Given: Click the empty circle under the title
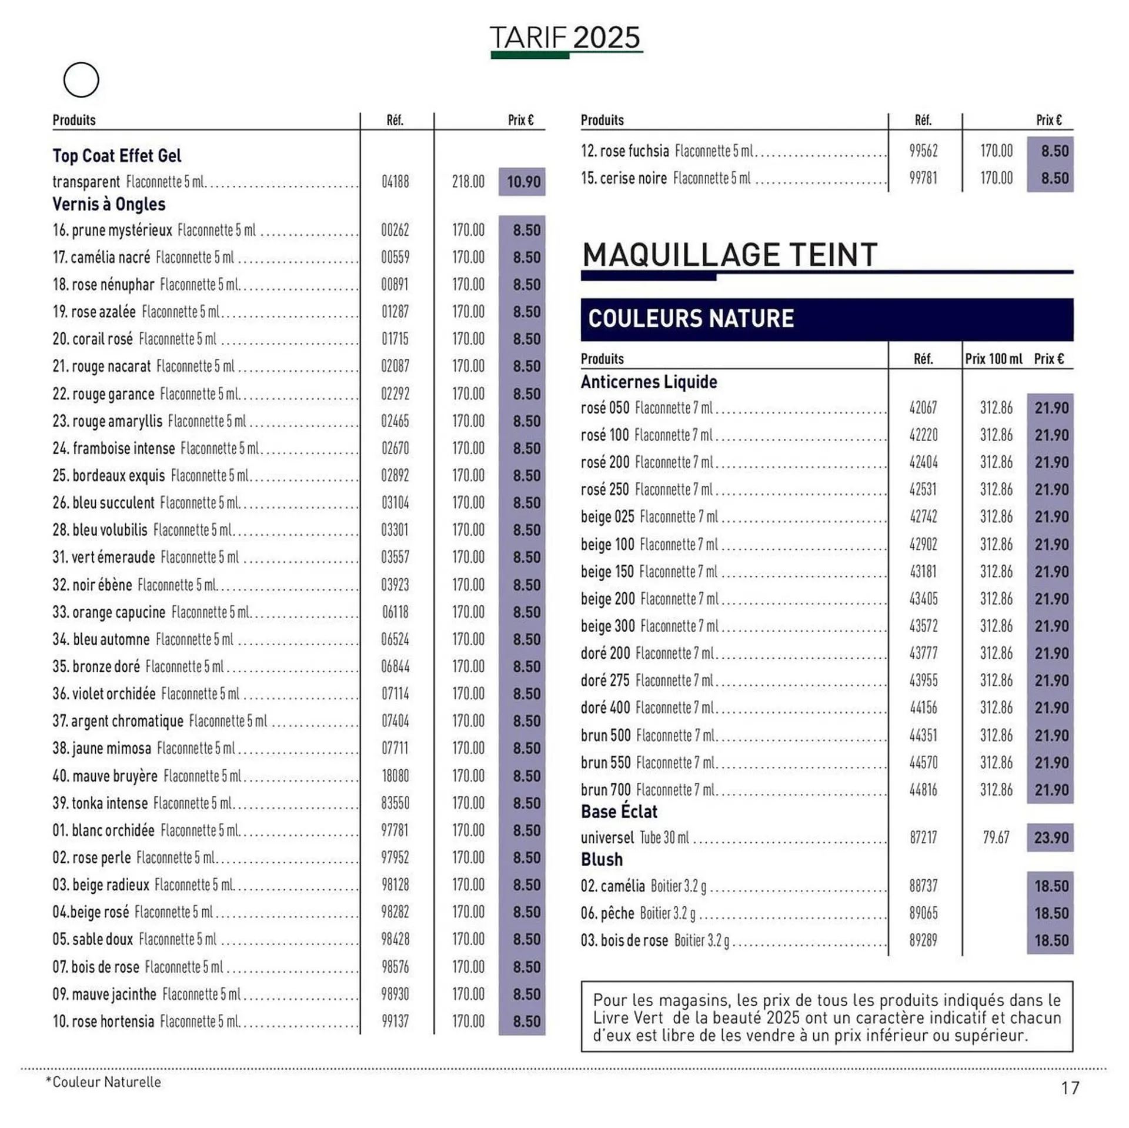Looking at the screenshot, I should (x=81, y=80).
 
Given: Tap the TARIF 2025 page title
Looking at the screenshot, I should (x=564, y=38).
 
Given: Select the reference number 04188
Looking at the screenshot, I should (x=395, y=182).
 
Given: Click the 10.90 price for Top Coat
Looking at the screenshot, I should (x=523, y=182).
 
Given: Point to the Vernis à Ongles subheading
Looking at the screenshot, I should (x=109, y=204).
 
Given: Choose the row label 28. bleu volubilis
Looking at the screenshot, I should (x=100, y=530).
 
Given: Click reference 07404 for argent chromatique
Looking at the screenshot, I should (x=395, y=721).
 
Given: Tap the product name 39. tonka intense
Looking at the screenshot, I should (x=100, y=803).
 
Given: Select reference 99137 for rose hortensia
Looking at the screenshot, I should (x=395, y=1022).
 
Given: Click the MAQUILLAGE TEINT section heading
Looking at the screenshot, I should (x=729, y=255).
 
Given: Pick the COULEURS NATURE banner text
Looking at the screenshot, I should (x=691, y=319).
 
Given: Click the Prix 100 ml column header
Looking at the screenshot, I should (x=993, y=359).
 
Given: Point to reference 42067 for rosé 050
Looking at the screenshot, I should (x=923, y=408).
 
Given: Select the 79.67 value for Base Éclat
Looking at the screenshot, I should (x=996, y=837).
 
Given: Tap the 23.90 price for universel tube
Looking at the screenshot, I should (x=1051, y=837).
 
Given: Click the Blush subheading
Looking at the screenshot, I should (x=602, y=860).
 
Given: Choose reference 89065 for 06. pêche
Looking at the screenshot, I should (x=923, y=913).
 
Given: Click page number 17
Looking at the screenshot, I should (x=1070, y=1088).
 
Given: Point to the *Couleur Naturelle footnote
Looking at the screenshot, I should (x=103, y=1082).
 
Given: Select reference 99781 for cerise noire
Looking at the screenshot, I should (x=923, y=178).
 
